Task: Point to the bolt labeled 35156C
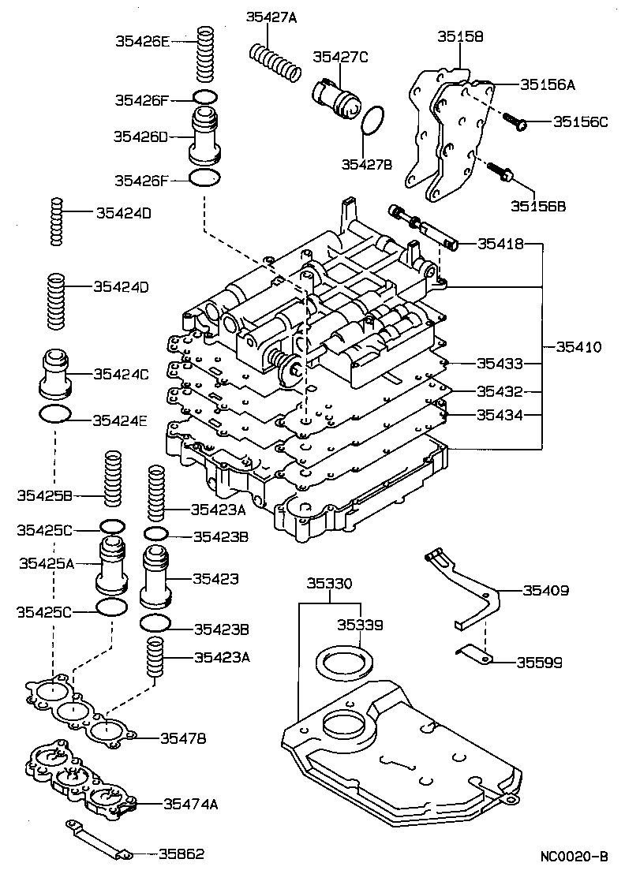pos(514,121)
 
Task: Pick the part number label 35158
pos(460,36)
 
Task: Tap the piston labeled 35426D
pos(204,134)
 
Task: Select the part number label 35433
pos(500,364)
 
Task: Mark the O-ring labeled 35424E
pos(54,415)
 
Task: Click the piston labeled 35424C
pos(55,374)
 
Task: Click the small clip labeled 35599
pos(473,653)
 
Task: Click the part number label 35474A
pos(190,804)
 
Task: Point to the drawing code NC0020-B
pos(574,856)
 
